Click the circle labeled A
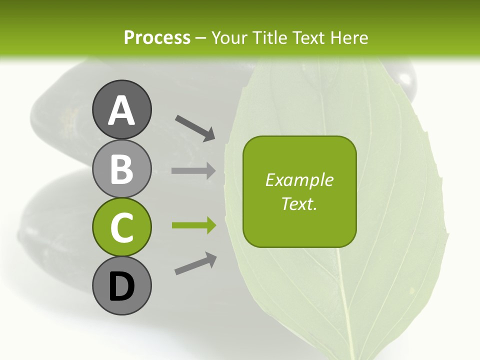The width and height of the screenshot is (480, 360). [121, 109]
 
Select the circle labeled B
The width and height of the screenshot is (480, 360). [121, 168]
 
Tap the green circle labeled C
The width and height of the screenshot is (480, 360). [121, 227]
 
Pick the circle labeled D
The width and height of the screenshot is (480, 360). [121, 286]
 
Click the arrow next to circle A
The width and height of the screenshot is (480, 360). [195, 127]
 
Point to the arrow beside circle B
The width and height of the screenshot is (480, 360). [193, 171]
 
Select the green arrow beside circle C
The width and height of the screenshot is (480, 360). [193, 226]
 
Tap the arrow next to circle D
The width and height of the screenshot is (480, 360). [195, 263]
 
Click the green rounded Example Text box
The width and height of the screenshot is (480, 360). [299, 191]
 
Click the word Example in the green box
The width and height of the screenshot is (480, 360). [299, 180]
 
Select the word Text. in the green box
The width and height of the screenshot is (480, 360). [299, 203]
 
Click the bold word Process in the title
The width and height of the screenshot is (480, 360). [157, 37]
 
